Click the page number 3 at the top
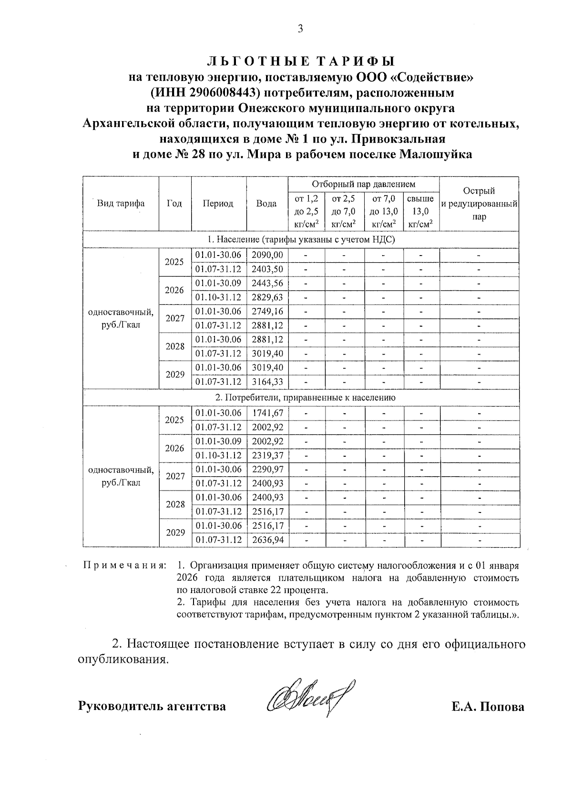click(x=300, y=29)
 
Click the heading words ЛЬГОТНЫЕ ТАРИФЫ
click(x=301, y=61)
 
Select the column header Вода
click(x=266, y=204)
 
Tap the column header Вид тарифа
click(x=121, y=204)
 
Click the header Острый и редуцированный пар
click(x=479, y=204)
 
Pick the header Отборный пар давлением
click(x=363, y=184)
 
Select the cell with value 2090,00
click(x=267, y=255)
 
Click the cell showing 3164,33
click(x=267, y=382)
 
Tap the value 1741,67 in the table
click(x=267, y=413)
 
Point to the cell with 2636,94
click(x=267, y=540)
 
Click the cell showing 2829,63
click(x=267, y=297)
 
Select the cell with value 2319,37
click(x=267, y=455)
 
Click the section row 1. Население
click(x=301, y=239)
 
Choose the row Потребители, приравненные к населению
click(x=301, y=397)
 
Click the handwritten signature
click(x=307, y=699)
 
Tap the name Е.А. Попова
click(x=488, y=706)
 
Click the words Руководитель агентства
click(x=152, y=706)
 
